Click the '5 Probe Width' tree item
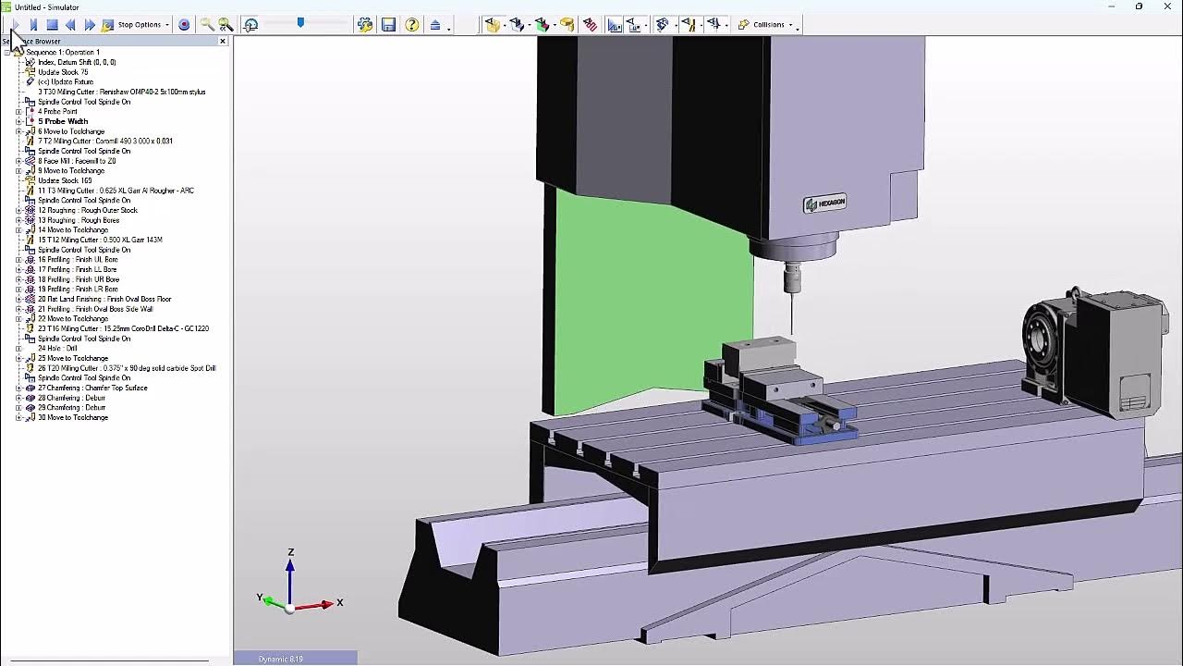[63, 121]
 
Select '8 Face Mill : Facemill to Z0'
[77, 161]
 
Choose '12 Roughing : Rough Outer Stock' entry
[87, 210]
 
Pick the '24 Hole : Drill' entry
[57, 349]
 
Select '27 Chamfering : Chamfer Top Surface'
[92, 388]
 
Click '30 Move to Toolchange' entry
[73, 417]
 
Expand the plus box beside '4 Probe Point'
[18, 112]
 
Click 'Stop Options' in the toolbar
[139, 25]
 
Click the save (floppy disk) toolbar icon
[388, 25]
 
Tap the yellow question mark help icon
[412, 25]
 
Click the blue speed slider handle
[300, 22]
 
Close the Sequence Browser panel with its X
[223, 41]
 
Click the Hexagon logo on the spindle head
[824, 203]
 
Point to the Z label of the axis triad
[290, 552]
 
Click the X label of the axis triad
[340, 602]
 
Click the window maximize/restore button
[1139, 6]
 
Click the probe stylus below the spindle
[792, 301]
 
